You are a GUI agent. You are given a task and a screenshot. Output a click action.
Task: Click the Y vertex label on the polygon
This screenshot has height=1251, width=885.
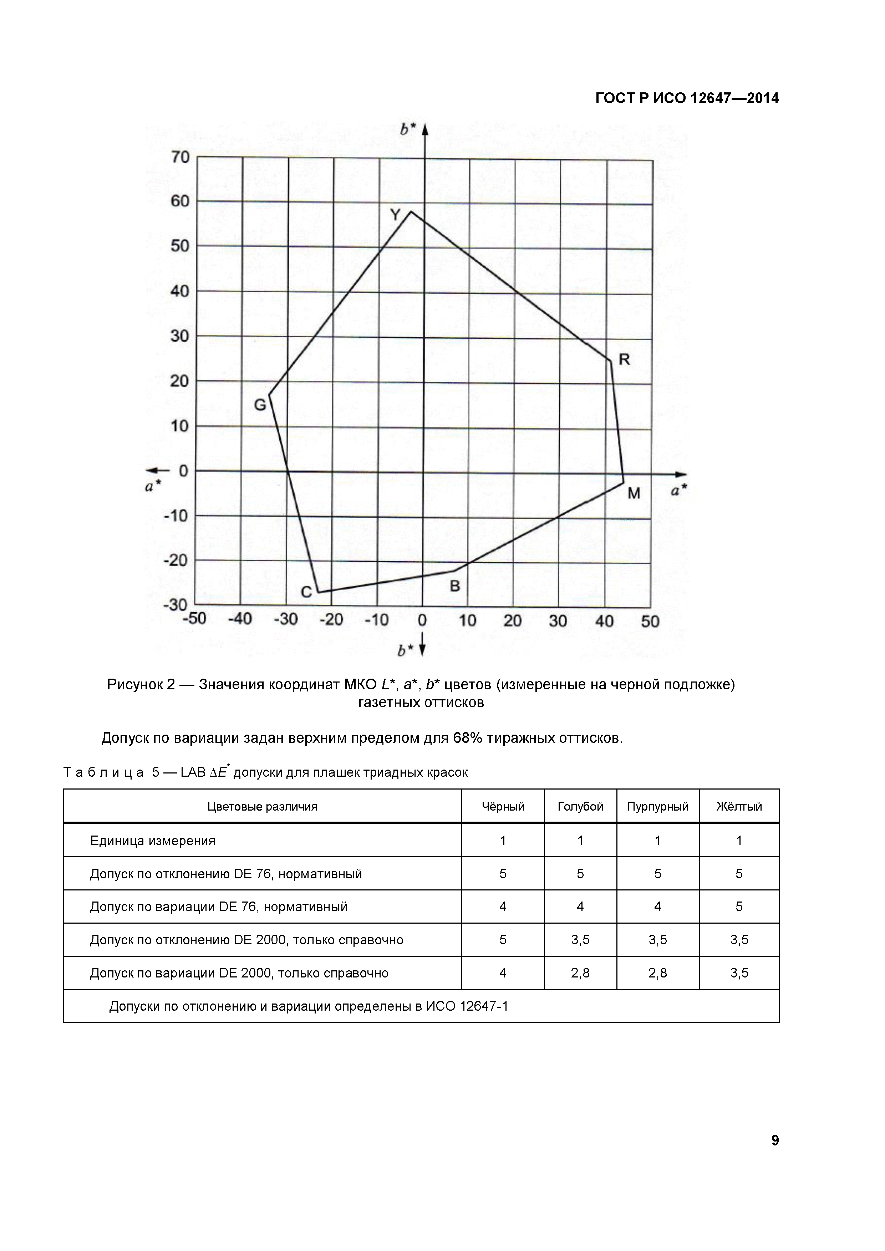coord(396,215)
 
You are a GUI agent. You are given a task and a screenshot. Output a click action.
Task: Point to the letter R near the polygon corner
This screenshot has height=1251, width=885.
coord(625,359)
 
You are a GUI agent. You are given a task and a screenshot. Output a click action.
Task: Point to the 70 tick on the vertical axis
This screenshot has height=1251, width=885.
coord(180,158)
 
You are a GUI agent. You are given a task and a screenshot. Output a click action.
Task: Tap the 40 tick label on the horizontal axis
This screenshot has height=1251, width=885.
coord(604,621)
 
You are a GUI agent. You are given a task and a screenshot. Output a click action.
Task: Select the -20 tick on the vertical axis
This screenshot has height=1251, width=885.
coord(176,560)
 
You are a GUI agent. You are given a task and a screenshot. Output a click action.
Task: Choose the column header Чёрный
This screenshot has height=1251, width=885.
coord(503,806)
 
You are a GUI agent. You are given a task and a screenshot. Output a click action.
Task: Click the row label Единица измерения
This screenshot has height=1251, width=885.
coord(153,841)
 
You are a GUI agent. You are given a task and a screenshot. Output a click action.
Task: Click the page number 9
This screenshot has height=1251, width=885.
coord(775,1140)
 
